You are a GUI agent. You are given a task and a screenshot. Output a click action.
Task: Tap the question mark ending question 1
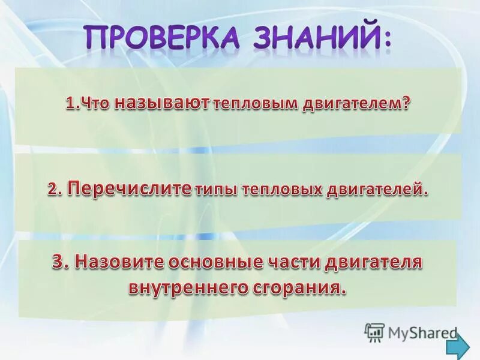[x=407, y=103]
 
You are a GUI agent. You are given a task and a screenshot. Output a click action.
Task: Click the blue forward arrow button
[x=459, y=346]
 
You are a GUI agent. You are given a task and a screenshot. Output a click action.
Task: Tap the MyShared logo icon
[x=375, y=332]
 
